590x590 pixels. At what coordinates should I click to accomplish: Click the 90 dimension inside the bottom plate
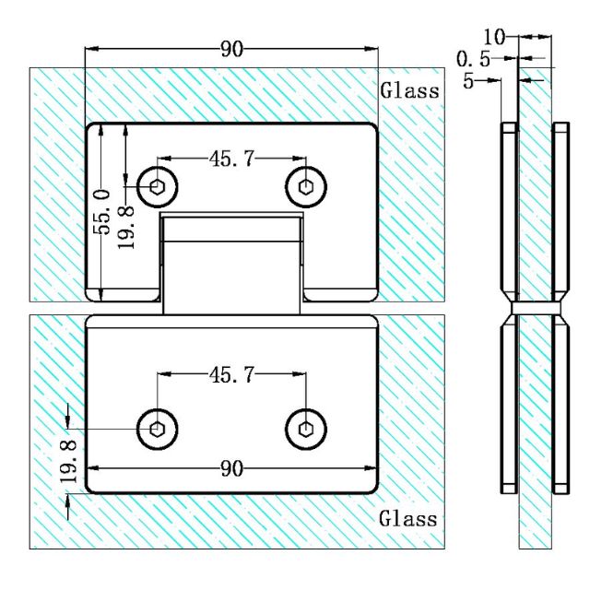(x=231, y=469)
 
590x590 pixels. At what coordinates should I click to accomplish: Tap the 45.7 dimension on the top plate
(x=231, y=159)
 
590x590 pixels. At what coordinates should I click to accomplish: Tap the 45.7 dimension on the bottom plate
(x=231, y=374)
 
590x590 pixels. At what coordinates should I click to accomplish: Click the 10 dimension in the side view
(x=494, y=37)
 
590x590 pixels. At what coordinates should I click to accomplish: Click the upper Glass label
(x=409, y=90)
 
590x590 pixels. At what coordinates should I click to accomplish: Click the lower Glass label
(x=408, y=518)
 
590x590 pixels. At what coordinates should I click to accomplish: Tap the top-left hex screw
(x=158, y=187)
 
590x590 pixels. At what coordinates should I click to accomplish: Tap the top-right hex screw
(x=305, y=187)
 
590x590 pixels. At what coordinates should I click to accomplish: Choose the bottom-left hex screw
(x=158, y=428)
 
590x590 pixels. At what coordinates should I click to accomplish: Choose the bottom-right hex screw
(x=305, y=428)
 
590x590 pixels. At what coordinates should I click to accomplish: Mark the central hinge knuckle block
(x=232, y=263)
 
